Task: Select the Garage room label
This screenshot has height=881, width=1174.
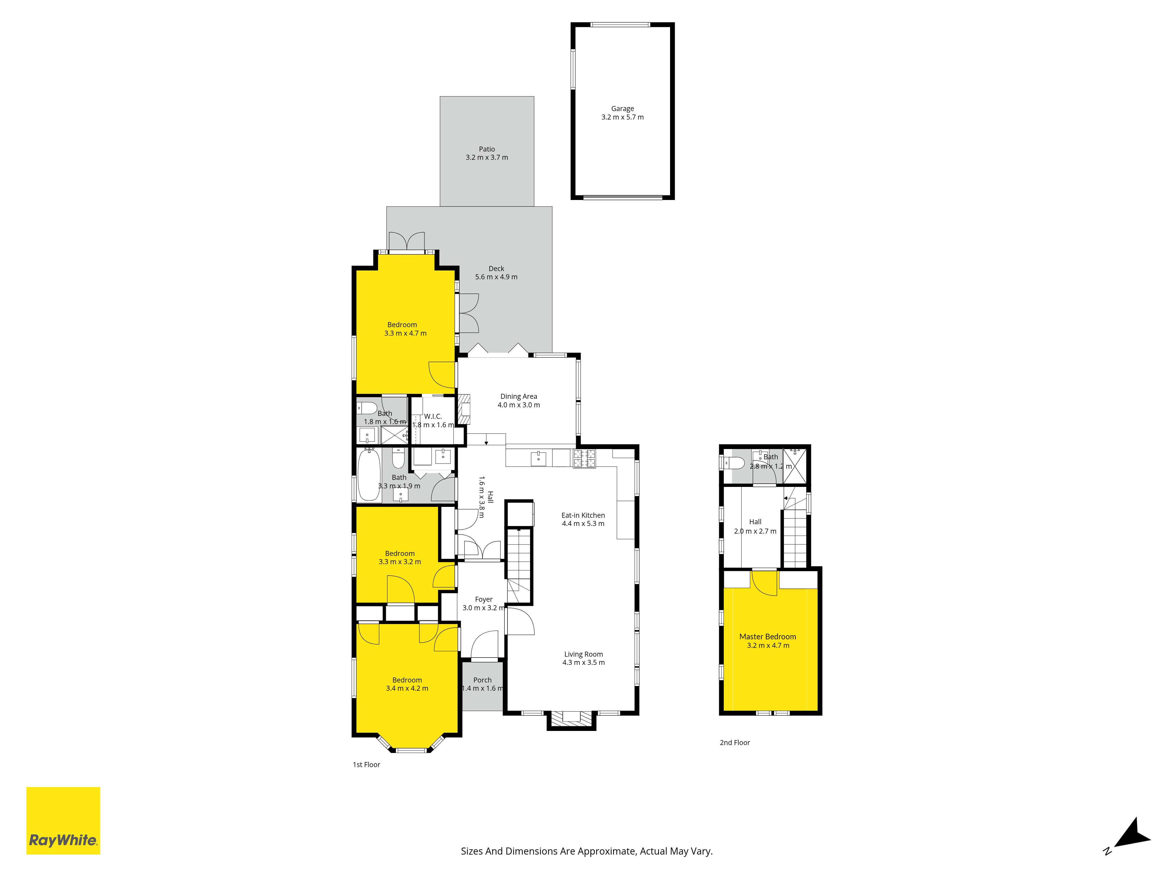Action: pos(623,108)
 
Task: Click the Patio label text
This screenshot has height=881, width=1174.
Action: pos(487,149)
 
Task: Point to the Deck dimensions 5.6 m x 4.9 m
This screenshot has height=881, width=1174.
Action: pos(496,277)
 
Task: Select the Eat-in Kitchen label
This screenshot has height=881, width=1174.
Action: pos(583,515)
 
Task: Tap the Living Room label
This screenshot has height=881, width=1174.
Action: pos(583,654)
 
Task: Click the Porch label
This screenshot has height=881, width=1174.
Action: pos(483,680)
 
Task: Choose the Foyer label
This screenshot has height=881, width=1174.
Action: pos(483,599)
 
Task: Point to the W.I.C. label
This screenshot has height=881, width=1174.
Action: pos(433,416)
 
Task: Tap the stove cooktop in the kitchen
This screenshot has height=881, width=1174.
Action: pos(584,458)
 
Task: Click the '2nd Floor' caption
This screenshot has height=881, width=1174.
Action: pos(735,742)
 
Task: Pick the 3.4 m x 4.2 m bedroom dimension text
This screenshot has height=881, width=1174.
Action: pos(407,688)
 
